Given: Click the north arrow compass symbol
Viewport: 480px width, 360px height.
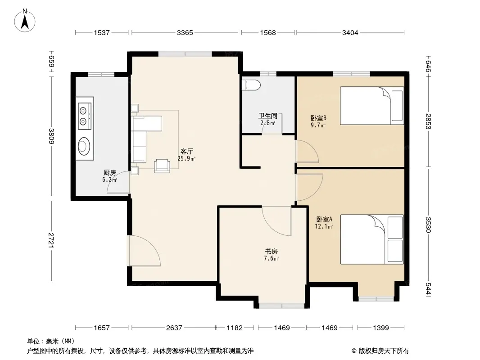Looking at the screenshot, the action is tap(25, 21).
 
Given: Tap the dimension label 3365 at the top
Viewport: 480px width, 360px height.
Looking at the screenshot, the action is tap(185, 32).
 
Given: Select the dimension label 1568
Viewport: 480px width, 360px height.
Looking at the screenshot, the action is tap(268, 32).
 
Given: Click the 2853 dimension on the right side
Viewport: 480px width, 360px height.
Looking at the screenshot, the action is tap(428, 121).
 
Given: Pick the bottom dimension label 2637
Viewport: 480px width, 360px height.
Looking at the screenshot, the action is tap(174, 328).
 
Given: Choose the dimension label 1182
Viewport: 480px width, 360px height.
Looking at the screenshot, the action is tap(235, 328).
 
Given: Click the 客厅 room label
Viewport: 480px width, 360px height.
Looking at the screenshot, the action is tap(186, 151).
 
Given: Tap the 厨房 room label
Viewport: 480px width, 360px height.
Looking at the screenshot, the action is tap(109, 172).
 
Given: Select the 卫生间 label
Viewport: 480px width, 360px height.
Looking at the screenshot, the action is tap(268, 116).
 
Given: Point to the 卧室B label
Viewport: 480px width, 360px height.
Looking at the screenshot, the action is tap(318, 118).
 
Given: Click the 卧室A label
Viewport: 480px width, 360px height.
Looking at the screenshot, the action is tap(324, 219).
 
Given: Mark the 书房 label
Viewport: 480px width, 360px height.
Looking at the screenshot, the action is tap(271, 252).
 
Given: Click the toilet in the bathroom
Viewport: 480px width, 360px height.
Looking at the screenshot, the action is tap(251, 85).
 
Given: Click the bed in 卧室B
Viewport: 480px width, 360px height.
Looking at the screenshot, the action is tap(372, 106).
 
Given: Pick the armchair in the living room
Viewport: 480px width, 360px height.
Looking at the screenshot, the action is tap(162, 166).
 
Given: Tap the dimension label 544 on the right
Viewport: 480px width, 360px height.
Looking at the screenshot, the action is tap(428, 288).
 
